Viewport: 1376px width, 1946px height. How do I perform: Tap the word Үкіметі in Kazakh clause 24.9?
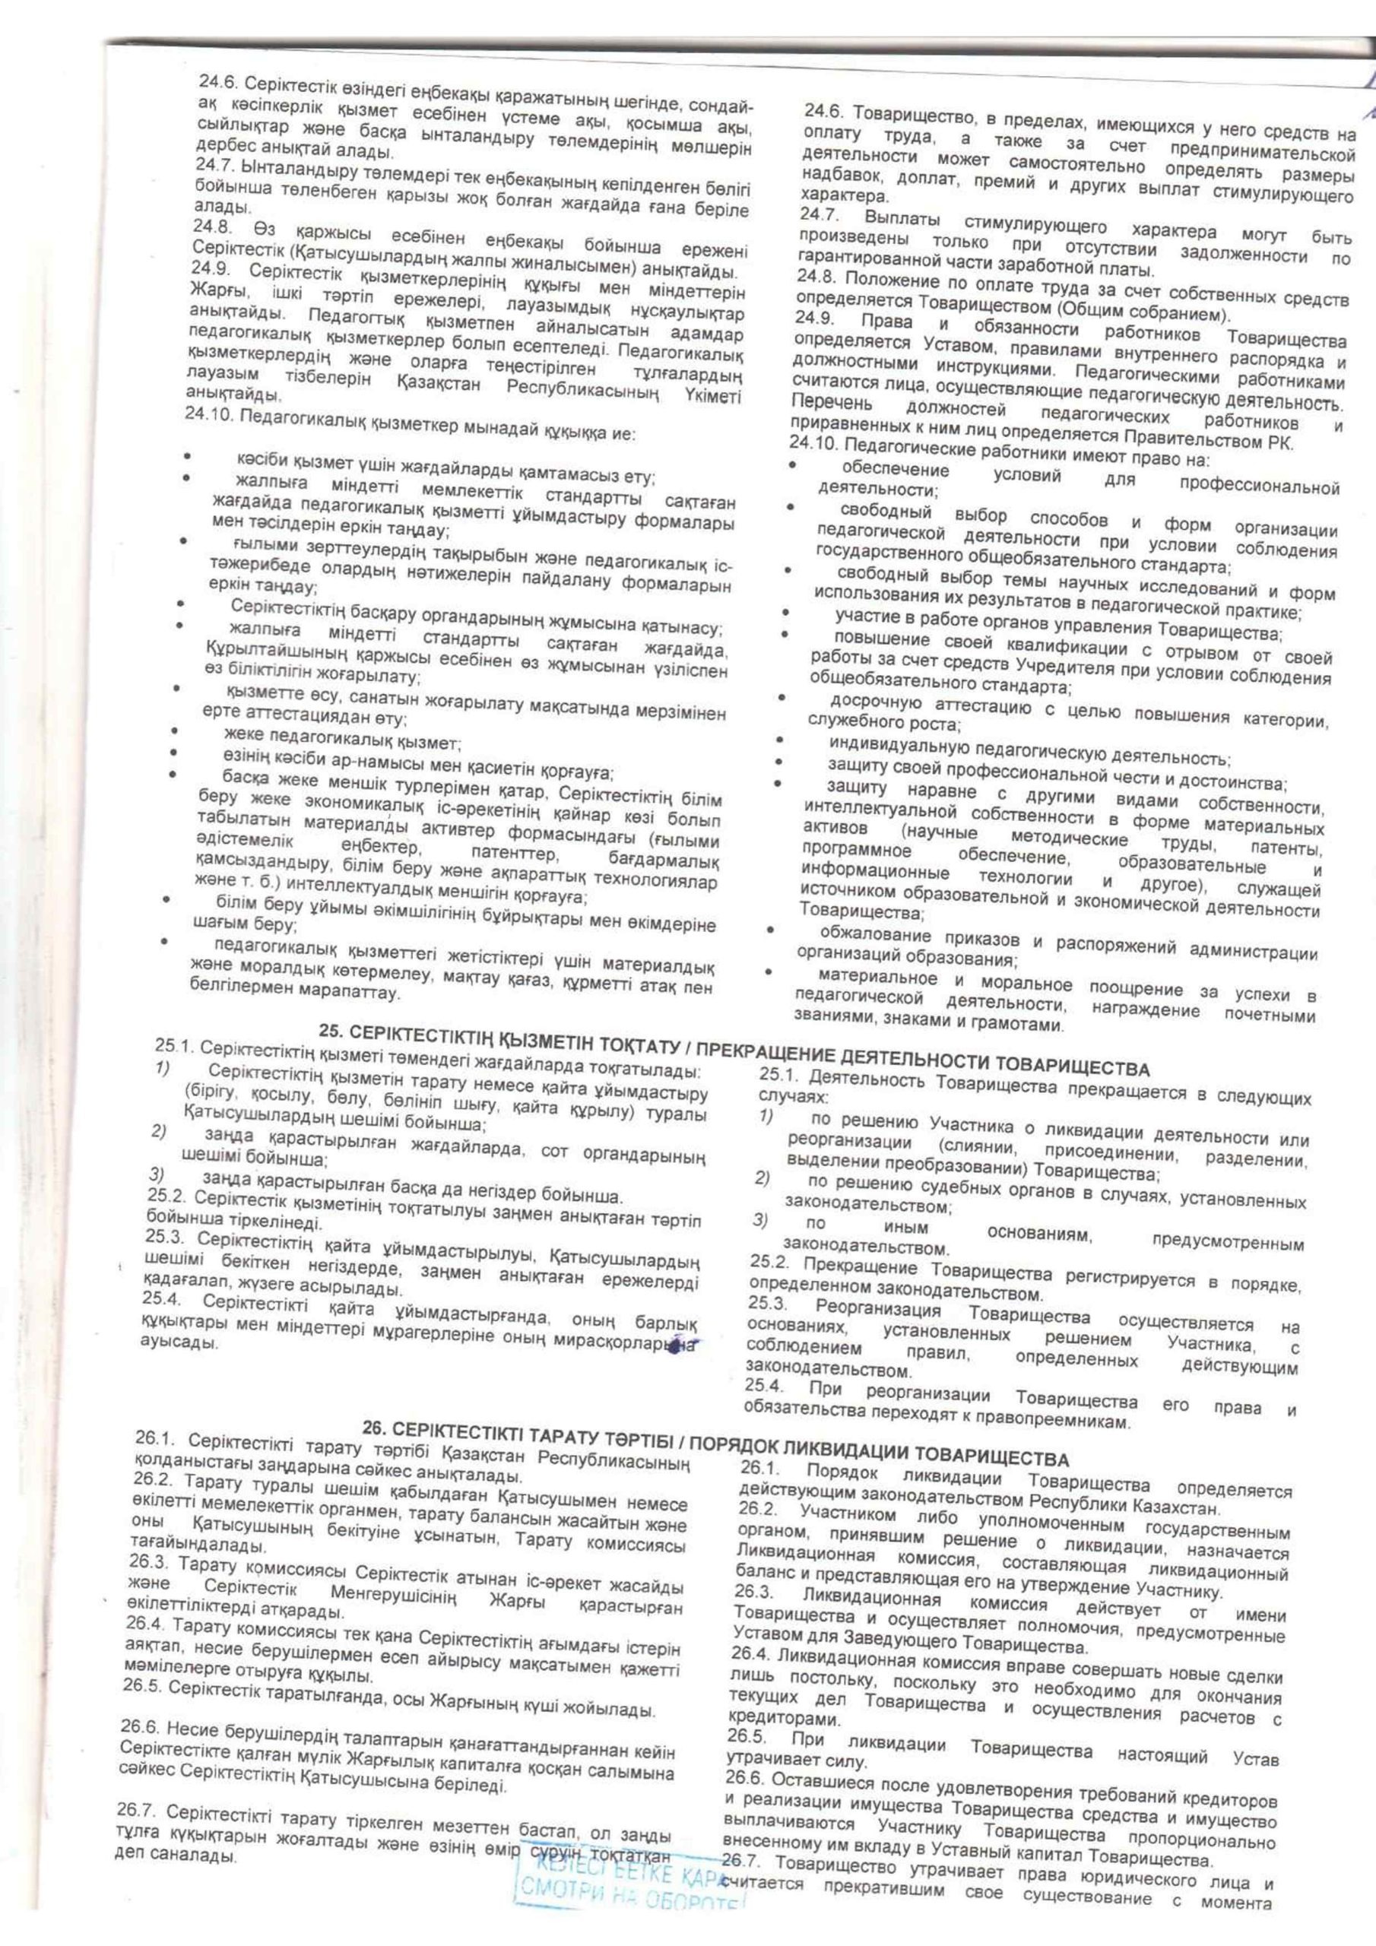tap(713, 398)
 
